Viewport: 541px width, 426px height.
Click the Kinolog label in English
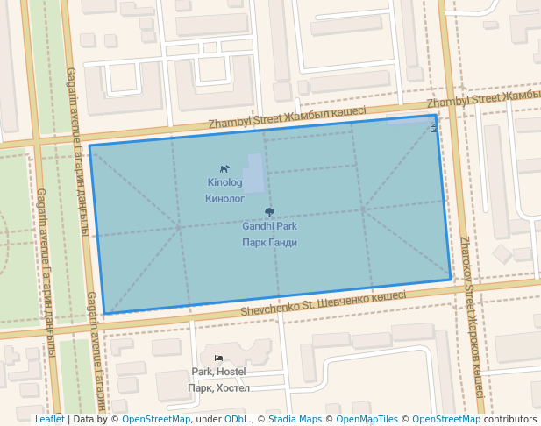(x=224, y=183)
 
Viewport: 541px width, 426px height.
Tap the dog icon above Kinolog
(x=224, y=168)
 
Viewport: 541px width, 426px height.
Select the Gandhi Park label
(x=269, y=226)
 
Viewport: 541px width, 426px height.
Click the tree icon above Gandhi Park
(x=269, y=212)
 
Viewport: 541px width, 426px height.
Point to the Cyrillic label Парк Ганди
(x=269, y=243)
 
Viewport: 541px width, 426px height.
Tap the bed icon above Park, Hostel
(x=218, y=358)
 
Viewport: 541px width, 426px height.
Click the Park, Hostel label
(x=218, y=372)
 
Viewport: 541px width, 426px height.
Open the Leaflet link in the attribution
(x=49, y=419)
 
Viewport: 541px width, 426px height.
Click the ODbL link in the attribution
(x=237, y=419)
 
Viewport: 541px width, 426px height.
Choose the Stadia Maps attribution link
(x=295, y=419)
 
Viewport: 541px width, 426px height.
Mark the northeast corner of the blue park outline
(x=436, y=115)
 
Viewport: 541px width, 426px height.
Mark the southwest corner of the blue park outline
(x=104, y=313)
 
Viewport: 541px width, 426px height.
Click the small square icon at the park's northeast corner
(x=434, y=129)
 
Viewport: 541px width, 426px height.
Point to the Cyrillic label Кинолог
(x=224, y=199)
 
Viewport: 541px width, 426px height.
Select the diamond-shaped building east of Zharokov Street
(x=502, y=254)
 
